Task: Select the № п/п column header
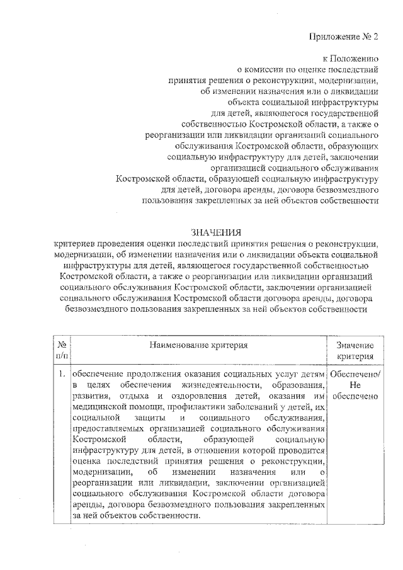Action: [x=62, y=350]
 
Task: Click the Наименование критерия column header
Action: [x=198, y=345]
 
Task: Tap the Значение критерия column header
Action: [x=355, y=350]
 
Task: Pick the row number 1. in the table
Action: [x=62, y=373]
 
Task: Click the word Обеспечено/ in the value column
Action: [x=355, y=373]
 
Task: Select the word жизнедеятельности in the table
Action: [x=214, y=385]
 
